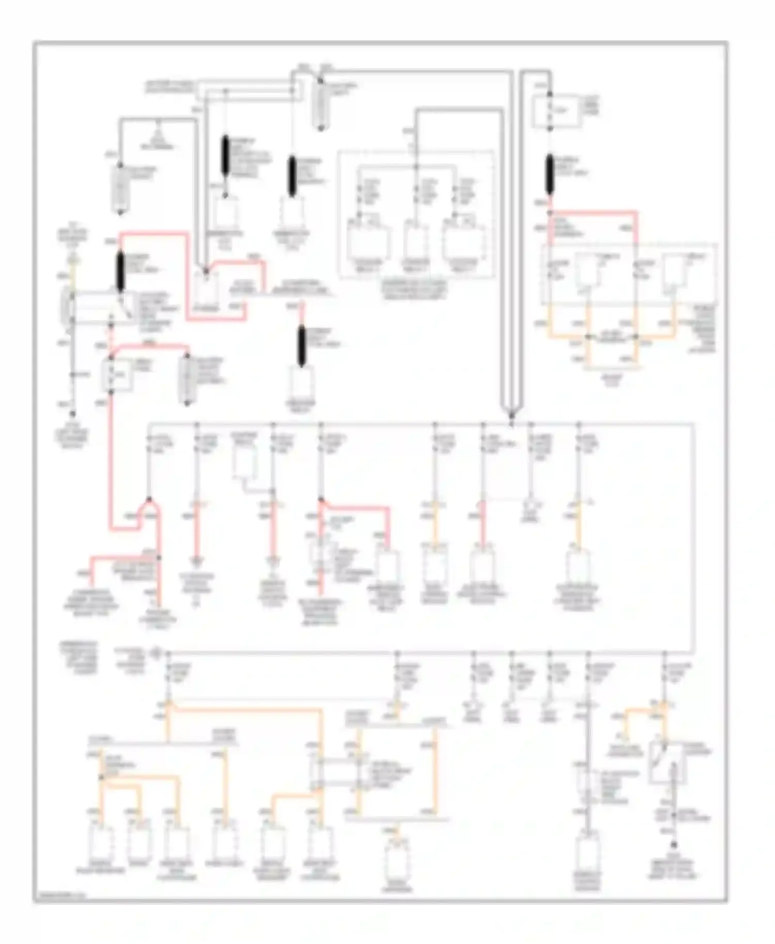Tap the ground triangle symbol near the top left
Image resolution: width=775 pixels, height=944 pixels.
click(x=159, y=127)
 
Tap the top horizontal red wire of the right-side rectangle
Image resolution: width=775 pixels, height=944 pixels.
click(x=594, y=212)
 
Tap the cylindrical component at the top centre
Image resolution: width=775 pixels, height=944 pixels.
click(x=321, y=106)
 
